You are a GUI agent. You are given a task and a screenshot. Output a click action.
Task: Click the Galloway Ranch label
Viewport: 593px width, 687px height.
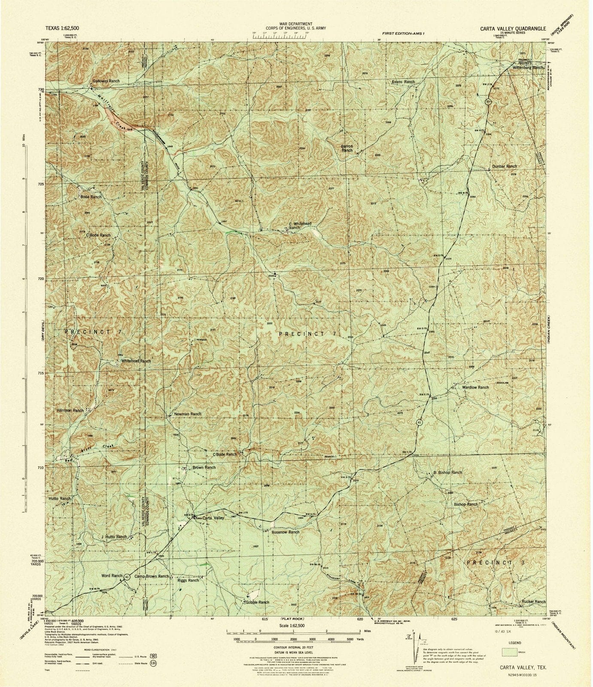[106, 81]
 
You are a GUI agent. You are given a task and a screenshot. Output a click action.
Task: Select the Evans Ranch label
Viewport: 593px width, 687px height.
[403, 82]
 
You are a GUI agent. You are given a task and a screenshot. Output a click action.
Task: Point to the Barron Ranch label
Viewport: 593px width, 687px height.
[347, 148]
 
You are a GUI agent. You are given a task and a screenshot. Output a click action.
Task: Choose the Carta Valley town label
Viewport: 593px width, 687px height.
[214, 518]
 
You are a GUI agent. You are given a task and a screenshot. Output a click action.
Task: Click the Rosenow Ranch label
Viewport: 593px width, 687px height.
[286, 532]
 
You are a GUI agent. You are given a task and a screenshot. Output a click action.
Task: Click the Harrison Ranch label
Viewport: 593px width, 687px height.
[70, 410]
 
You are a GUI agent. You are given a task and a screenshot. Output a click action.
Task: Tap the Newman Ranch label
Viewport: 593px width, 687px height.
[188, 414]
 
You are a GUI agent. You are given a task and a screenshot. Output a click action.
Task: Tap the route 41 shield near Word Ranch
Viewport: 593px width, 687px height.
[128, 578]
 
